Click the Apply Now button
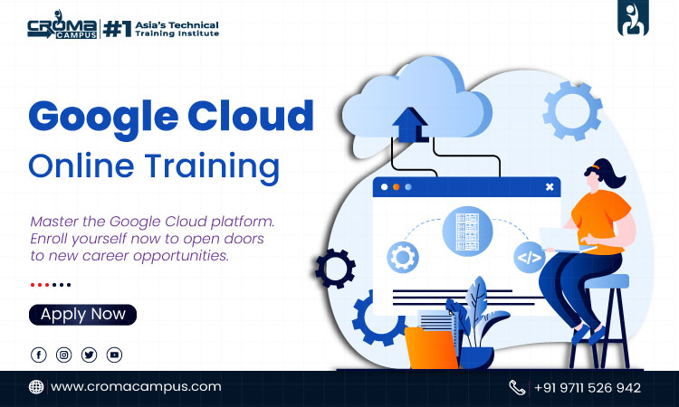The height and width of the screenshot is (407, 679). [x=83, y=315]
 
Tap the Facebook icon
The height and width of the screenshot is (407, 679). [x=39, y=355]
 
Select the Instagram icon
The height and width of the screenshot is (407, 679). [x=64, y=355]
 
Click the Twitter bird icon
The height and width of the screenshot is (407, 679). [x=89, y=355]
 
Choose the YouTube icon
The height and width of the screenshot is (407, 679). [x=114, y=355]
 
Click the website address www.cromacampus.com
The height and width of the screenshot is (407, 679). [x=136, y=386]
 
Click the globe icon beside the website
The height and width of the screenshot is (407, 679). [x=36, y=386]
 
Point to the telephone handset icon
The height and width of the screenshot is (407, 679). [x=517, y=387]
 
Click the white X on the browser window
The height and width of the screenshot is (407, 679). [x=549, y=187]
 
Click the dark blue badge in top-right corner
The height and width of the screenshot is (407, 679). [x=633, y=20]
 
